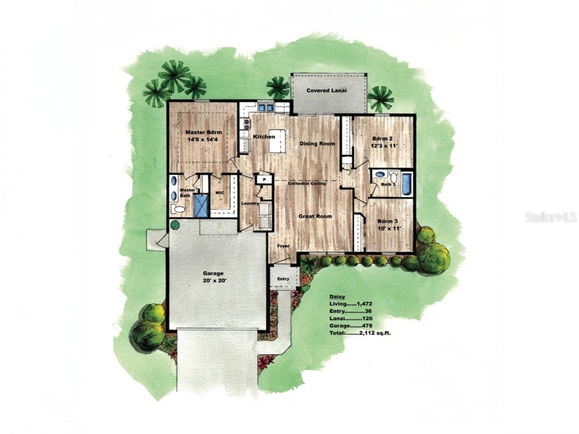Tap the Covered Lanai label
[x=326, y=90]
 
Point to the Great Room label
[x=315, y=216]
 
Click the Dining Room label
[x=317, y=144]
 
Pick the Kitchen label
[x=264, y=137]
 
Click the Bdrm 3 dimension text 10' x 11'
[x=389, y=228]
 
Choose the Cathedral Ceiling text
[x=305, y=184]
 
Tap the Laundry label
[x=250, y=203]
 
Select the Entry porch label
[x=283, y=279]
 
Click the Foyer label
[x=283, y=246]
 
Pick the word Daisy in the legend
[x=337, y=296]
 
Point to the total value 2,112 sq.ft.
[x=378, y=333]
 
